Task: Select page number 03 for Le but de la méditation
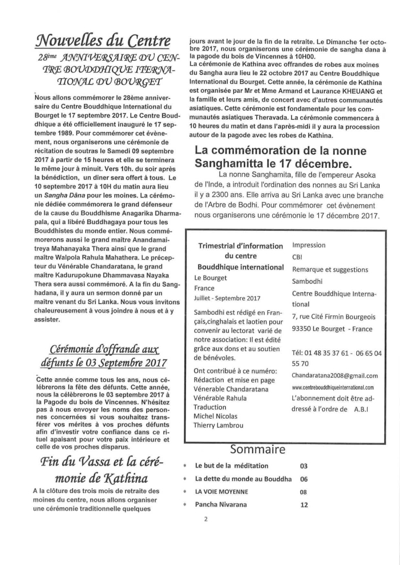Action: click(x=304, y=466)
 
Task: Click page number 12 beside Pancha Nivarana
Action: click(x=304, y=504)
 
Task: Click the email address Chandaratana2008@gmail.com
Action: click(x=335, y=376)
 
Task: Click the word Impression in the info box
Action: click(x=309, y=245)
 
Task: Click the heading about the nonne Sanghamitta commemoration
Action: click(x=281, y=157)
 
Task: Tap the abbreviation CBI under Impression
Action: click(x=298, y=257)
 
